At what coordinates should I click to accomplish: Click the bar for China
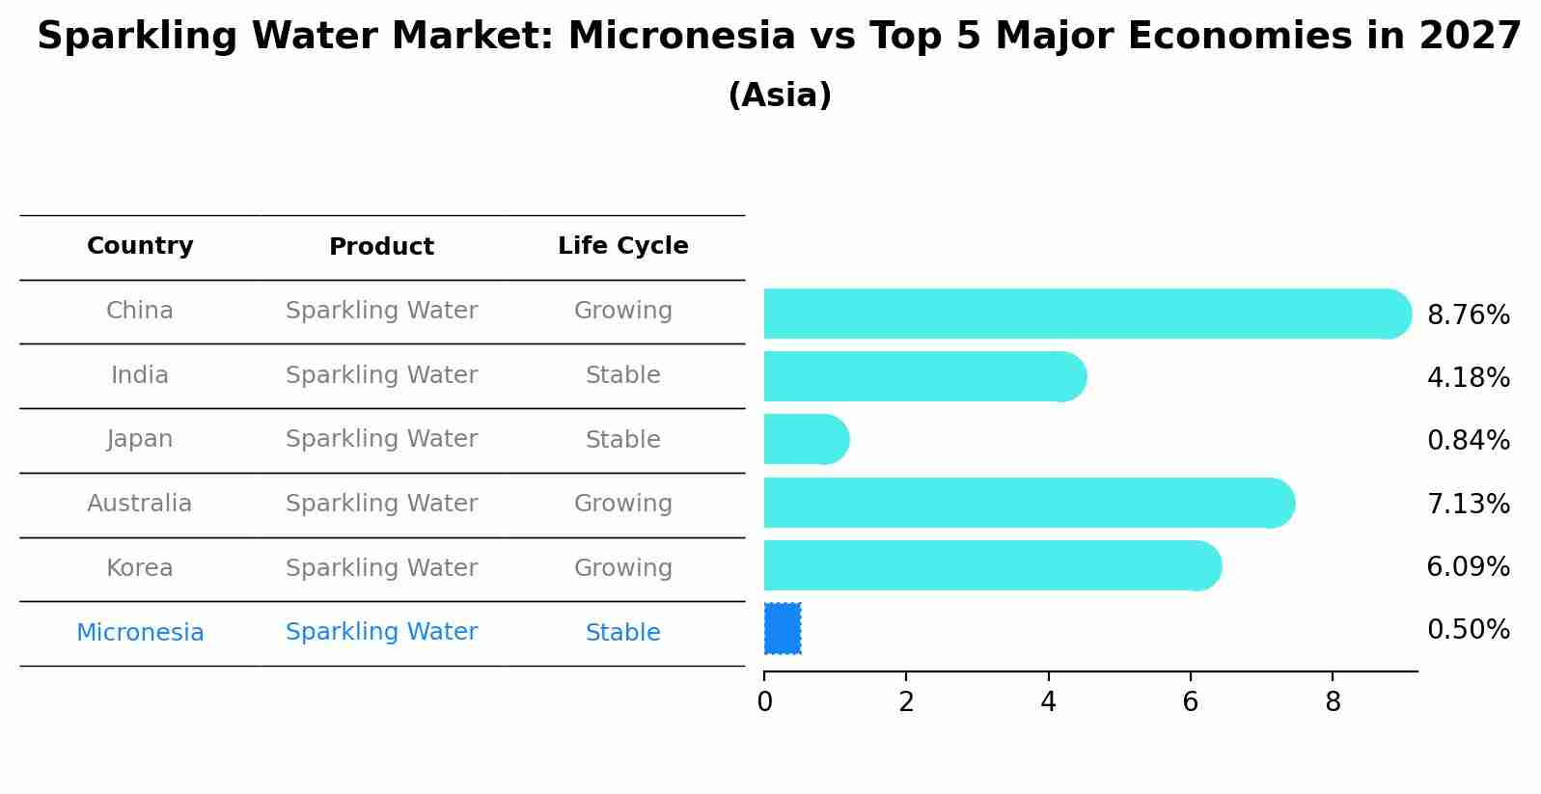pyautogui.click(x=1087, y=314)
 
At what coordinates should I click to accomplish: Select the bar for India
pyautogui.click(x=925, y=376)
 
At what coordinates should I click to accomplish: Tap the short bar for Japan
pyautogui.click(x=807, y=439)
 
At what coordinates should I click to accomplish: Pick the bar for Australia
pyautogui.click(x=1030, y=503)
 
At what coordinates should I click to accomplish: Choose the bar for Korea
pyautogui.click(x=993, y=565)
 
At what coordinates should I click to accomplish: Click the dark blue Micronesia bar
pyautogui.click(x=783, y=629)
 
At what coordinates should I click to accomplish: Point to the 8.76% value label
pyautogui.click(x=1468, y=315)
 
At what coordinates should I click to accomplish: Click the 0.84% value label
pyautogui.click(x=1468, y=440)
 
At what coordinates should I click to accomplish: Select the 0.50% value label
pyautogui.click(x=1468, y=630)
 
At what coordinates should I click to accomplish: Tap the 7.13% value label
pyautogui.click(x=1468, y=504)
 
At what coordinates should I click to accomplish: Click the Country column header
pyautogui.click(x=140, y=246)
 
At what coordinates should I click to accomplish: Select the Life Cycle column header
pyautogui.click(x=623, y=246)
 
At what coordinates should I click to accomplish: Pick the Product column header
pyautogui.click(x=382, y=246)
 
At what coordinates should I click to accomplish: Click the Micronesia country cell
pyautogui.click(x=140, y=632)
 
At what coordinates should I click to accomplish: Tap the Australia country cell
pyautogui.click(x=140, y=504)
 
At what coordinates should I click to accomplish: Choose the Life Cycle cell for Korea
pyautogui.click(x=623, y=568)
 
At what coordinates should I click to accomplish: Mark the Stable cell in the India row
pyautogui.click(x=623, y=375)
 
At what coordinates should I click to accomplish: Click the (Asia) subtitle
pyautogui.click(x=780, y=95)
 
